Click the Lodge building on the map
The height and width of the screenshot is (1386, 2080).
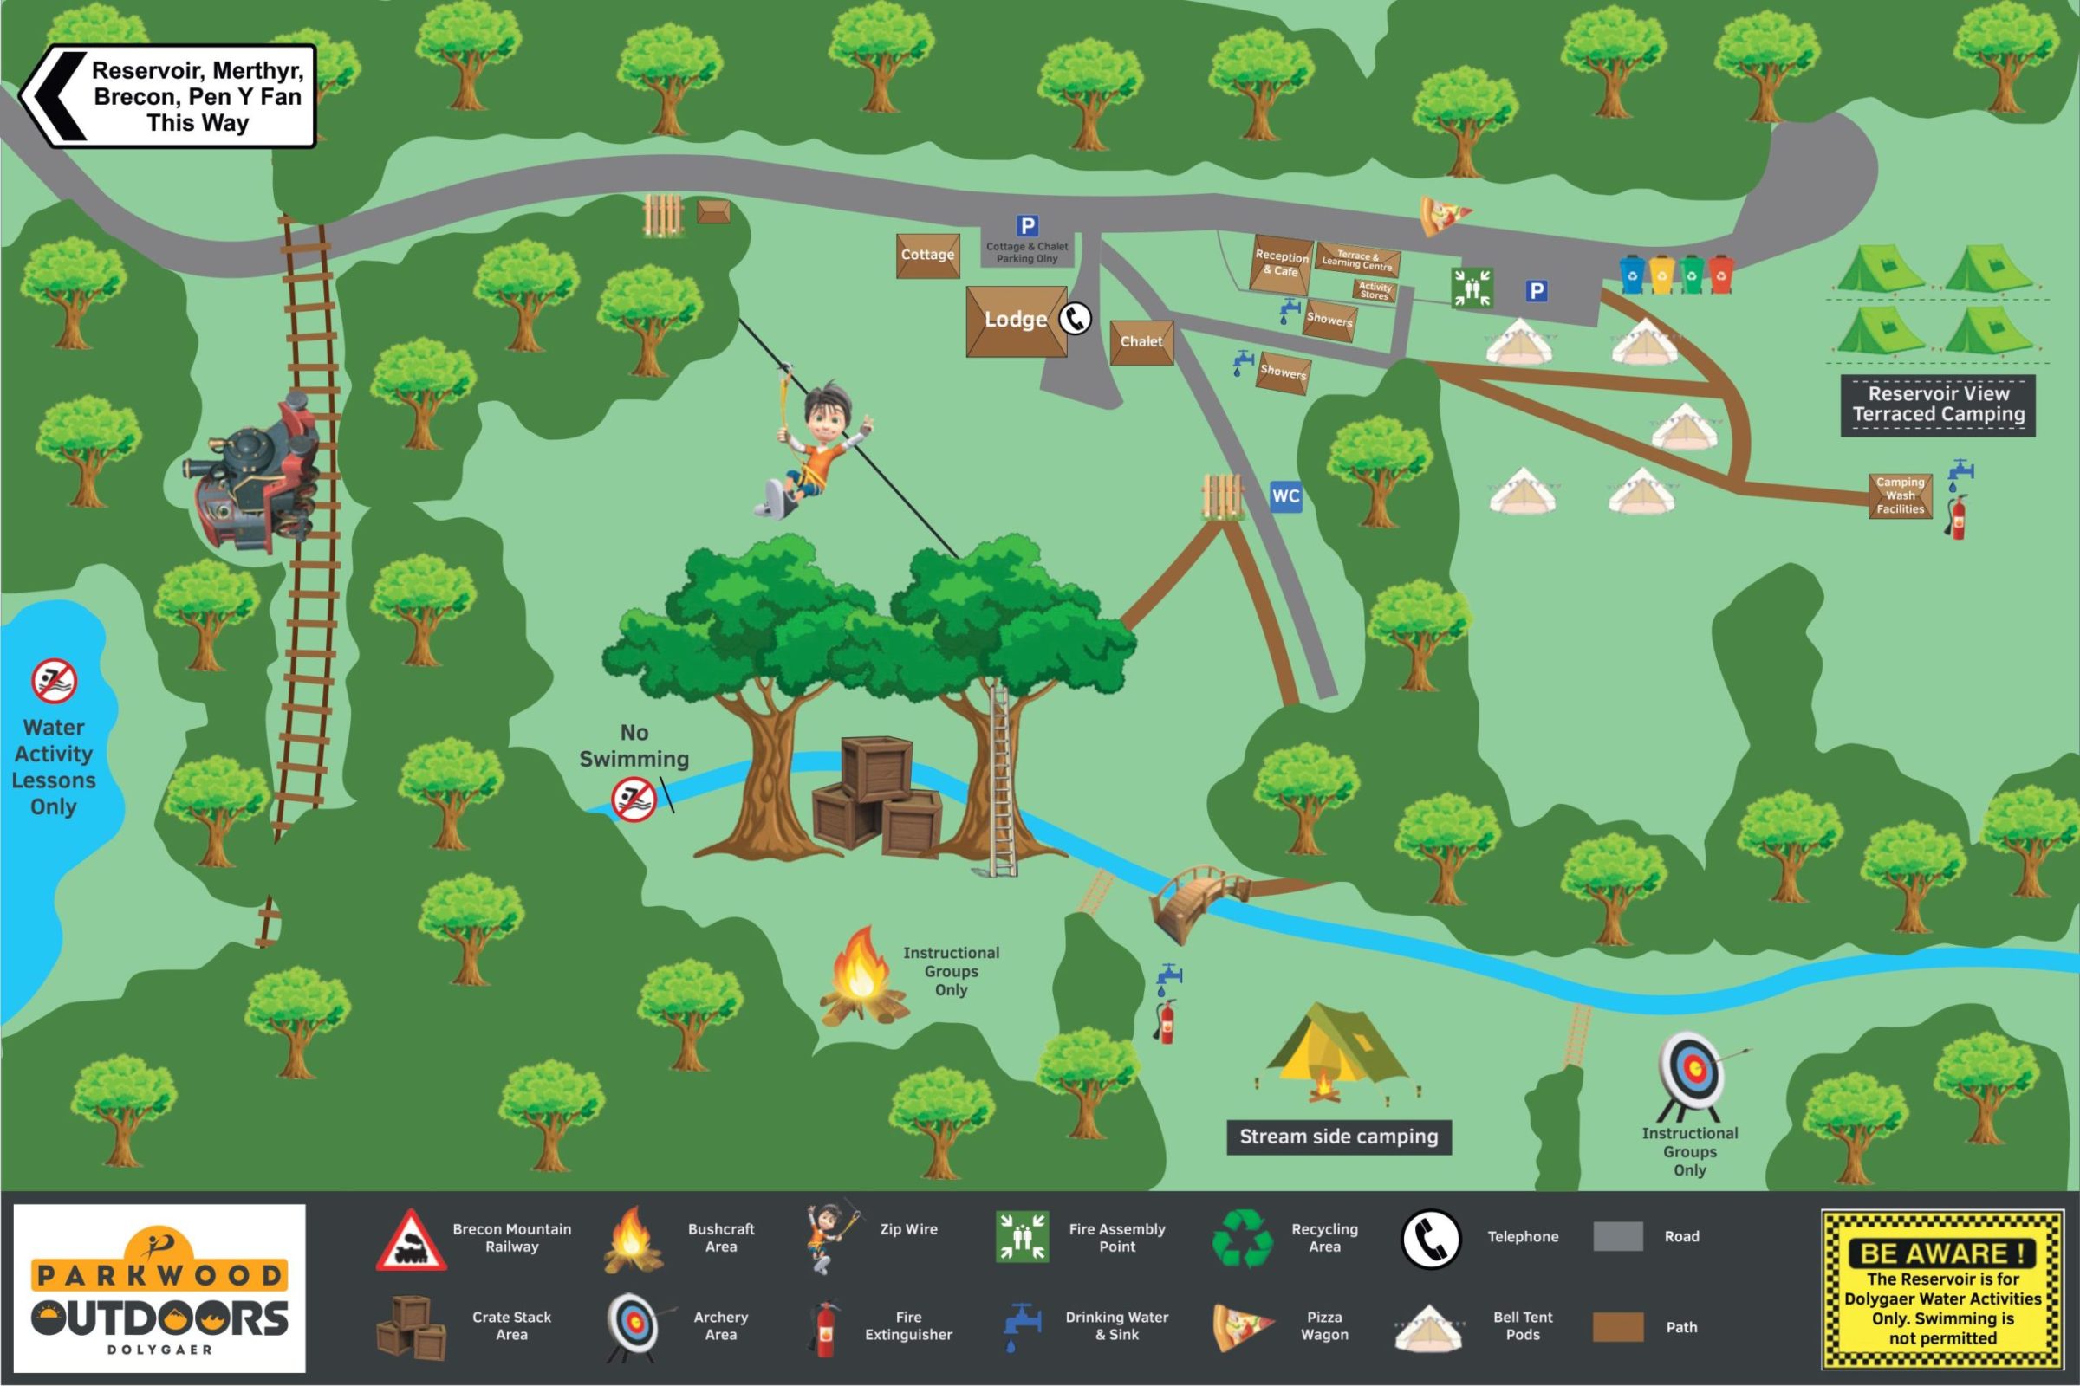tap(1016, 321)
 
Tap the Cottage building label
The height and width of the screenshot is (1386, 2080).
tap(927, 256)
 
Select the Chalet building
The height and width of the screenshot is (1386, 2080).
tap(1141, 342)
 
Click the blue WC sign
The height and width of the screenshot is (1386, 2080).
tap(1285, 495)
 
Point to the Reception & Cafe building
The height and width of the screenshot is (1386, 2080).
tap(1281, 263)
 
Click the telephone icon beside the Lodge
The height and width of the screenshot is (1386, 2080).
tap(1076, 319)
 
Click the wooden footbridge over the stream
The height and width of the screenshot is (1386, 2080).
tap(1196, 897)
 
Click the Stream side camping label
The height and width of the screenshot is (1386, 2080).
tap(1338, 1137)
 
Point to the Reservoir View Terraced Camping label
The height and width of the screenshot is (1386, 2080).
tap(1938, 405)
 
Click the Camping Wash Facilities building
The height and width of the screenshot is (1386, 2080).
tap(1900, 495)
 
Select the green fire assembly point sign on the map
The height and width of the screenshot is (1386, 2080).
tap(1472, 288)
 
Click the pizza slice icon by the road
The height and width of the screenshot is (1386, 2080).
tap(1441, 217)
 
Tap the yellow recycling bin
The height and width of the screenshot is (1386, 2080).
tap(1661, 275)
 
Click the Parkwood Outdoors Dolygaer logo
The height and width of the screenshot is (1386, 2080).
tap(159, 1289)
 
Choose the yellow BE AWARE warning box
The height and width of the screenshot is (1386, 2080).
tap(1942, 1288)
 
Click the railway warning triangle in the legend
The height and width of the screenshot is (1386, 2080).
tap(410, 1241)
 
